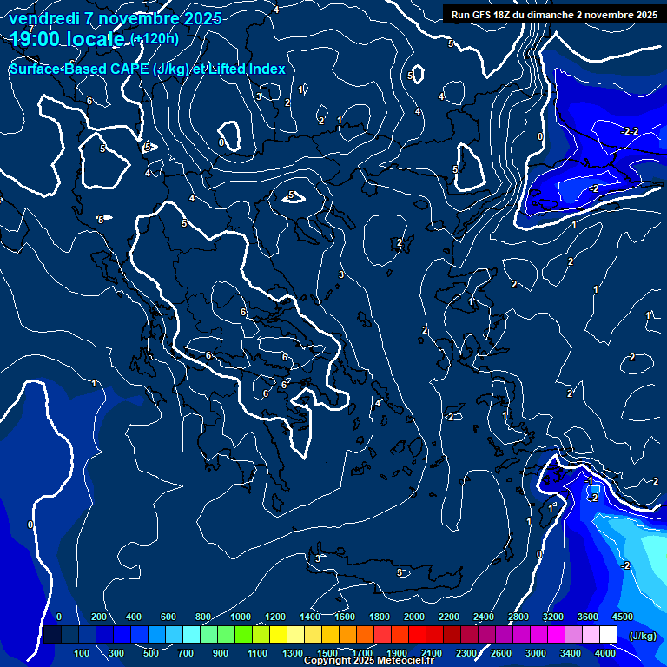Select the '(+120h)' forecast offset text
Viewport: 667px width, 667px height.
[155, 39]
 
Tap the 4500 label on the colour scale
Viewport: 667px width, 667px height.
[622, 617]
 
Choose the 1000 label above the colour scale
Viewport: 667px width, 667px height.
[241, 617]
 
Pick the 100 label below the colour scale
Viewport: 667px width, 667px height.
[83, 653]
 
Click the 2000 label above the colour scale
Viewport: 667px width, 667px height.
[414, 617]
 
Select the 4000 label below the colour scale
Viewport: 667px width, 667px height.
[605, 653]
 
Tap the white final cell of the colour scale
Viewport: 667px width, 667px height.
[608, 635]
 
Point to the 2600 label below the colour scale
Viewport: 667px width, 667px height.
[501, 653]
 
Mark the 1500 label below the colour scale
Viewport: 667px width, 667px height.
[327, 653]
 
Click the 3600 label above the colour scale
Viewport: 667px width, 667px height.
[588, 617]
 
